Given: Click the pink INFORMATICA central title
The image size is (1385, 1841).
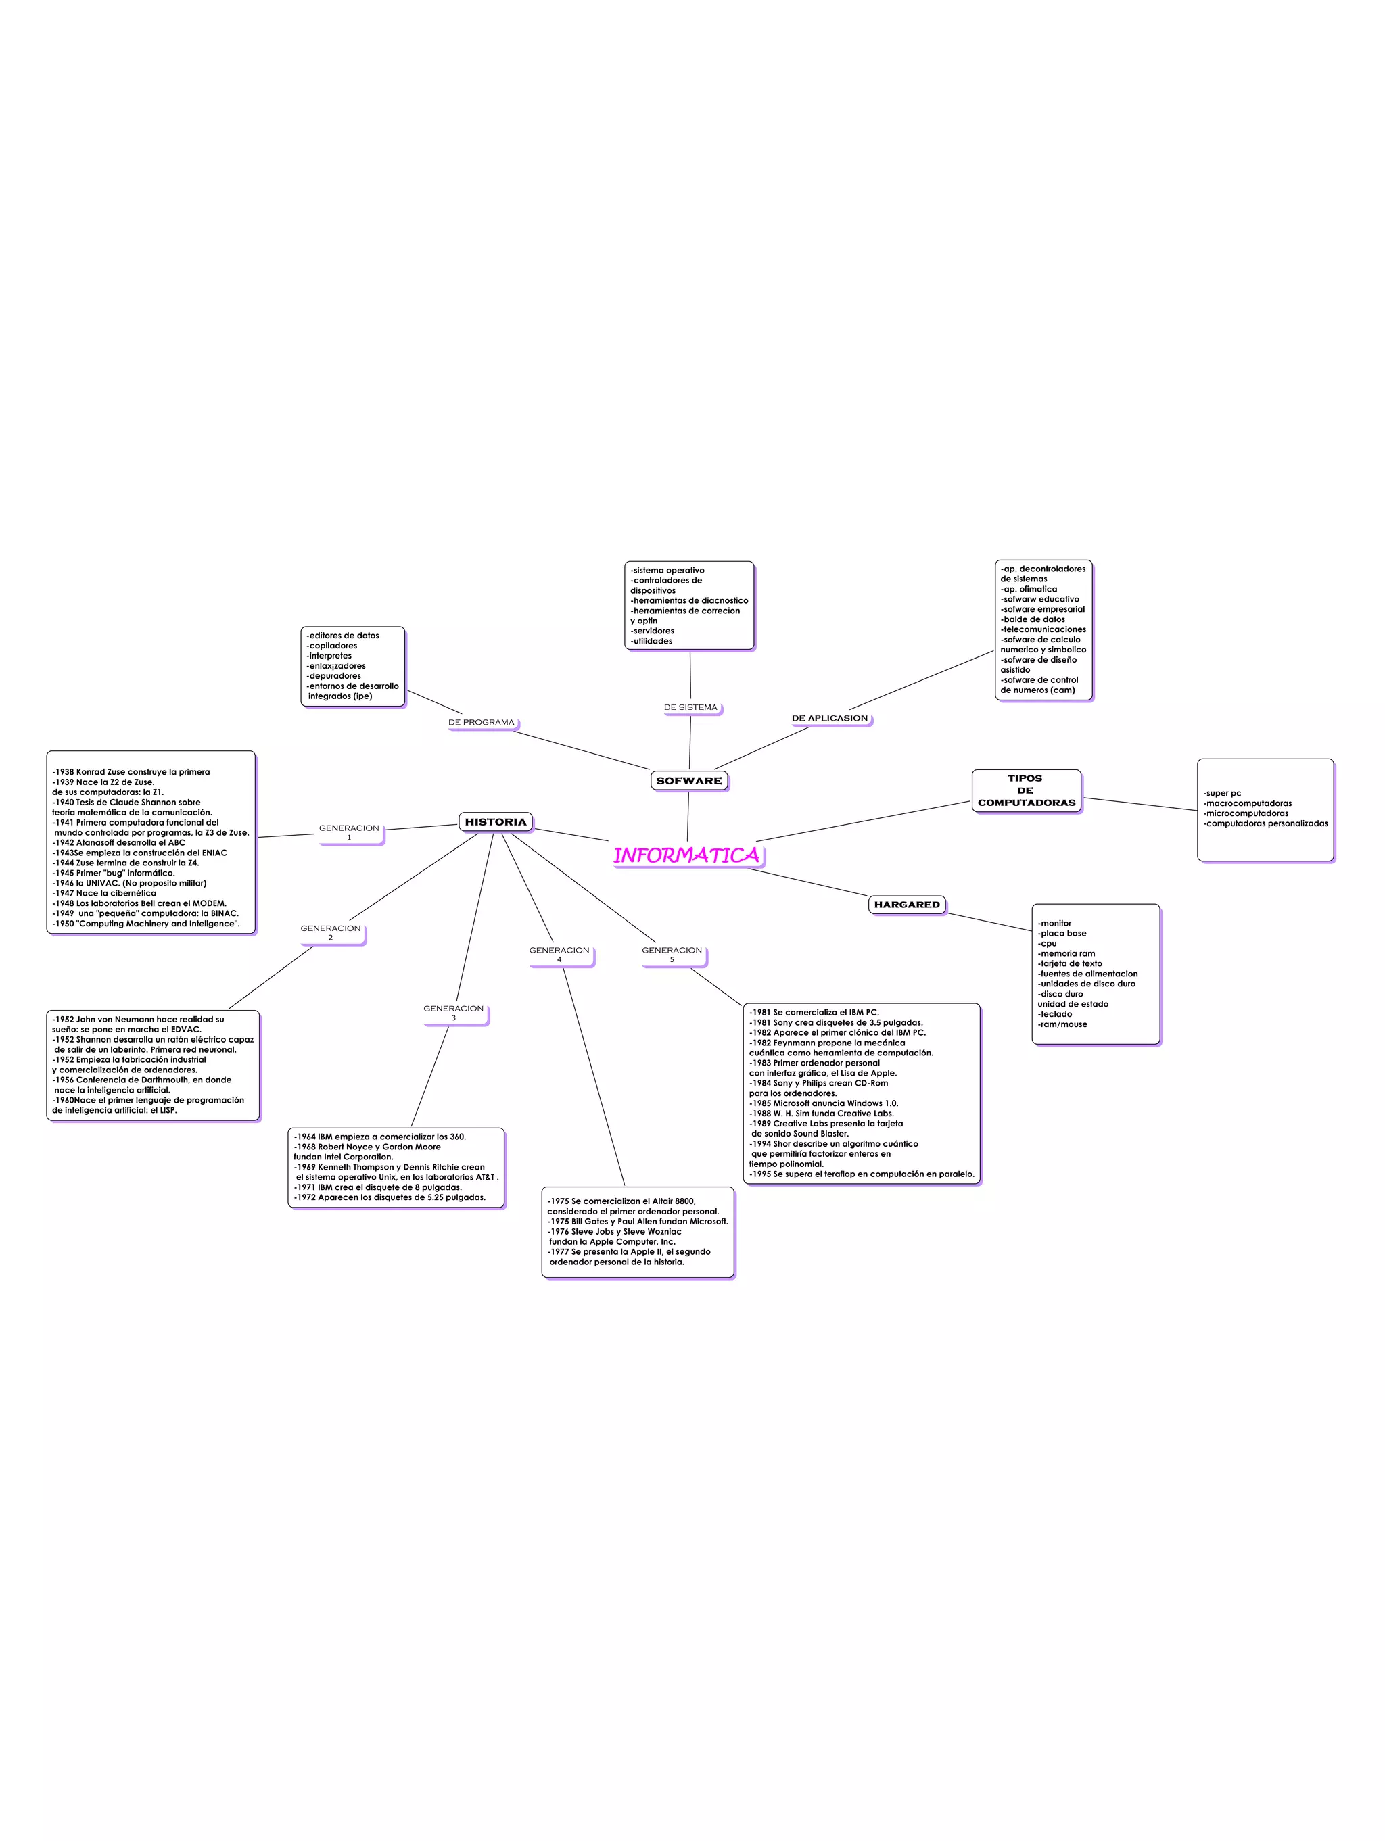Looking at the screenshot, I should click(686, 855).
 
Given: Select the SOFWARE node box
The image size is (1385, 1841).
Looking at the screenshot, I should click(688, 781).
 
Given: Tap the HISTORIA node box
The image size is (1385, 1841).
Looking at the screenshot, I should click(495, 821).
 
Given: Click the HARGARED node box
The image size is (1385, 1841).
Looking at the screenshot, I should click(906, 905).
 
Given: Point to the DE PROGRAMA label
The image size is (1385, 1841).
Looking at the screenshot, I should click(481, 723).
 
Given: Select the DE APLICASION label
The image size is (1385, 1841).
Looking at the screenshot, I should click(829, 718).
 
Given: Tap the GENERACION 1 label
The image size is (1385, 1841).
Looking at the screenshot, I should click(349, 832).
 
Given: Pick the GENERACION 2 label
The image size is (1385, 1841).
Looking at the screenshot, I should click(331, 932).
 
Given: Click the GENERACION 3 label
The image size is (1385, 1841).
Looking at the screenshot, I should click(454, 1012).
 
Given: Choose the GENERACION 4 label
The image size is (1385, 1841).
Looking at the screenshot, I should click(559, 954).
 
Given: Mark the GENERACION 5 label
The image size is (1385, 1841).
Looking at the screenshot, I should click(672, 954).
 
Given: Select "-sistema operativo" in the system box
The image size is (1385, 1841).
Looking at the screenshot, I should click(667, 570).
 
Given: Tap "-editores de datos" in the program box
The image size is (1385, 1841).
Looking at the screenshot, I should click(343, 635).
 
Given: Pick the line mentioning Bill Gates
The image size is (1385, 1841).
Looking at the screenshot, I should click(638, 1221).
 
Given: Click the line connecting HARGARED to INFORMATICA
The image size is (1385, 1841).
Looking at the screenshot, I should click(807, 882).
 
